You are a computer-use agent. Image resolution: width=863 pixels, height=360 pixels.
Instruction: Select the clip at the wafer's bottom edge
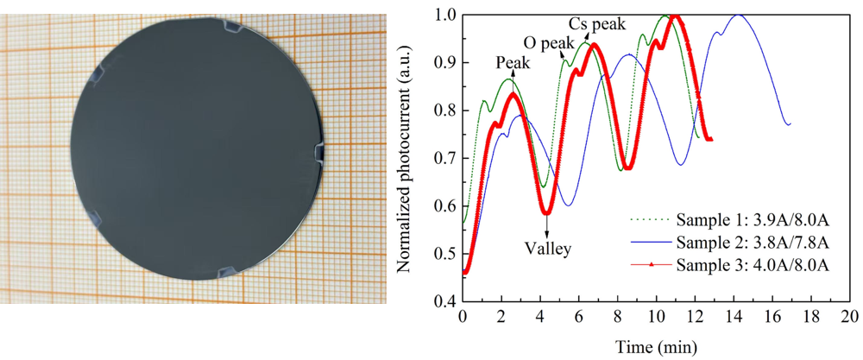coord(231,274)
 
